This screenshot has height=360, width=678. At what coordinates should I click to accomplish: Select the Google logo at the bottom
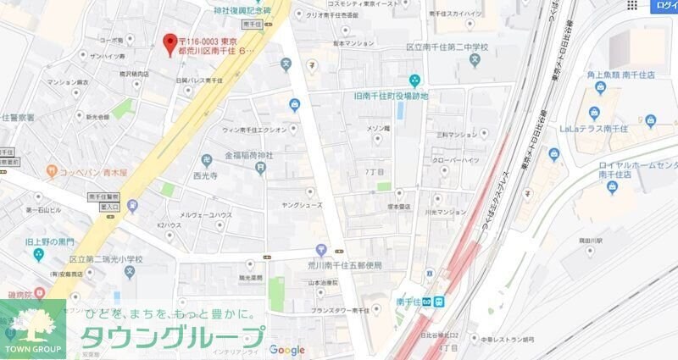tap(287, 350)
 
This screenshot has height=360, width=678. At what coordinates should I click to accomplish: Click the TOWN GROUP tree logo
tap(32, 329)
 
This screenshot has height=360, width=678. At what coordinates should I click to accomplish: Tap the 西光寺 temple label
tap(206, 176)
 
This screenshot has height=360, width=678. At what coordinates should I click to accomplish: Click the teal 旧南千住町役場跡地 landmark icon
tap(414, 81)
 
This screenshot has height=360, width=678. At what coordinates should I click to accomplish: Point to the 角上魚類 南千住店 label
tap(622, 75)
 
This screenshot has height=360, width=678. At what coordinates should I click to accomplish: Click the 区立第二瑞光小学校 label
tap(106, 258)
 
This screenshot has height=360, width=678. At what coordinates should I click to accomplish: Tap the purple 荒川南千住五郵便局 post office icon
tap(321, 250)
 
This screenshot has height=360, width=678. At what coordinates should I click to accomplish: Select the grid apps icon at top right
tap(631, 5)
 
